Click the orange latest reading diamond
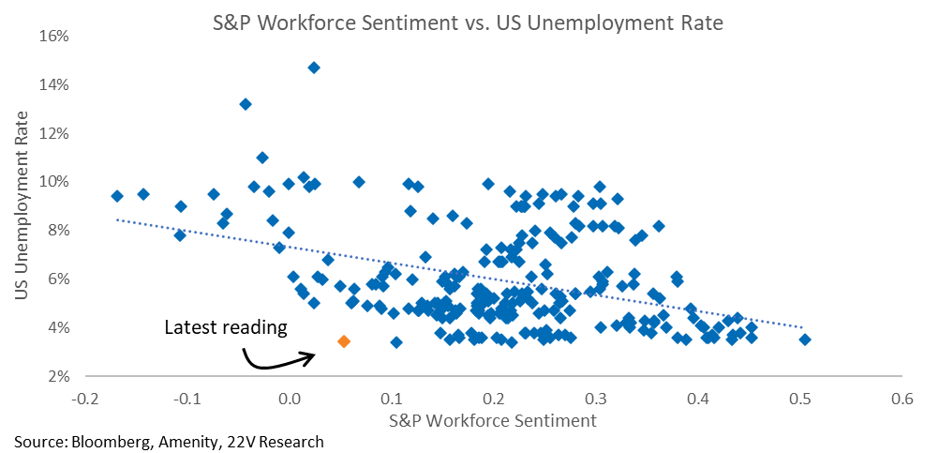pyautogui.click(x=344, y=341)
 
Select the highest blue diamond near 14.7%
pyautogui.click(x=314, y=68)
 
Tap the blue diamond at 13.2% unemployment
pyautogui.click(x=245, y=104)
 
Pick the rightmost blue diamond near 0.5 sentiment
pyautogui.click(x=805, y=340)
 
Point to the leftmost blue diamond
pyautogui.click(x=117, y=196)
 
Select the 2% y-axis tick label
pyautogui.click(x=60, y=377)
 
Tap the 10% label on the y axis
pyautogui.click(x=56, y=182)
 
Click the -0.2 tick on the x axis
pyautogui.click(x=86, y=399)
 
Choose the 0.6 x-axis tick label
pyautogui.click(x=902, y=399)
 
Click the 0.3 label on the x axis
pyautogui.click(x=596, y=399)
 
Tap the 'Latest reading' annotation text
pyautogui.click(x=226, y=327)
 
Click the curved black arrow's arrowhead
pyautogui.click(x=310, y=357)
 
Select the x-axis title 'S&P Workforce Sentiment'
pyautogui.click(x=494, y=420)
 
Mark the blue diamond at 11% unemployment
pyautogui.click(x=262, y=158)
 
